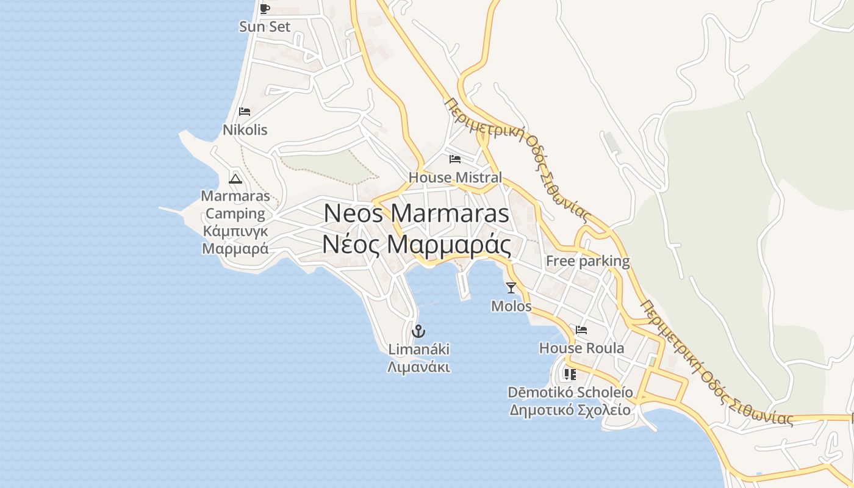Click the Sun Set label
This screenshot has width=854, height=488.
pos(265,27)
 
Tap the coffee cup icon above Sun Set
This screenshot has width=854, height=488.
pos(264,9)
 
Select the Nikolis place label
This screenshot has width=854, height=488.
pos(245,130)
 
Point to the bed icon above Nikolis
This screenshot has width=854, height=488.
pos(245,112)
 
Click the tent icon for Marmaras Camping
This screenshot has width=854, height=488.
pos(235,178)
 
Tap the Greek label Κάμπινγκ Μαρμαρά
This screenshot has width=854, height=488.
pos(235,240)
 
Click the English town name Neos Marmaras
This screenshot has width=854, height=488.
pos(416,213)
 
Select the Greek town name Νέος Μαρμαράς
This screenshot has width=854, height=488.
pos(416,245)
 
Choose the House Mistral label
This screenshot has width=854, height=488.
pos(455,178)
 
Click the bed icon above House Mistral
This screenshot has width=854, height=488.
pos(455,159)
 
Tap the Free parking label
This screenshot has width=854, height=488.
pos(587,261)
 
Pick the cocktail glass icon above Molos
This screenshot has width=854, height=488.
pos(511,287)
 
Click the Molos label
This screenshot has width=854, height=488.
pos(511,306)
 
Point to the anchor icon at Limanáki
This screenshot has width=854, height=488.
pos(418,331)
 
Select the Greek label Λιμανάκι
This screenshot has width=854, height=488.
pos(418,367)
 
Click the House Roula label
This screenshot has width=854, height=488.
pos(581,348)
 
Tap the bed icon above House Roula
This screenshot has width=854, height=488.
pos(581,330)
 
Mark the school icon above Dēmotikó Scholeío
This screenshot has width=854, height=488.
pos(570,374)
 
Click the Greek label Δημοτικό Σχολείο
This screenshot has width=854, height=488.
pos(570,409)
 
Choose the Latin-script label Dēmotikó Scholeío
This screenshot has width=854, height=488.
pos(570,392)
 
